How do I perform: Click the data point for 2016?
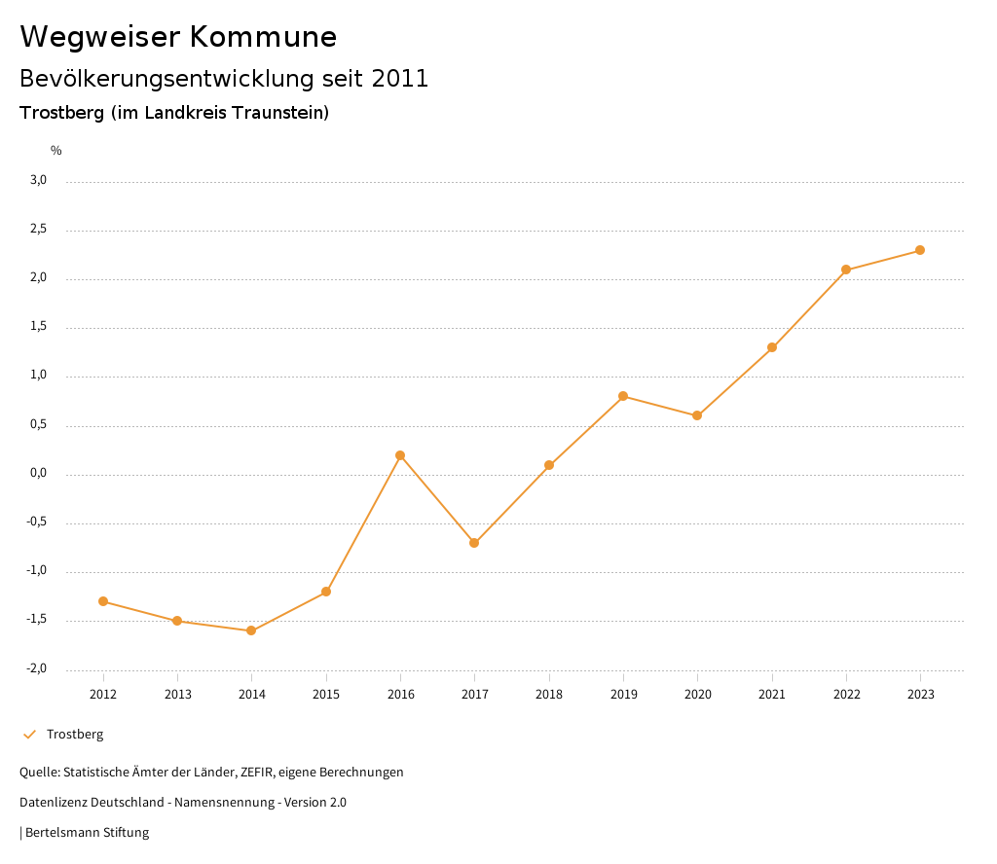[400, 455]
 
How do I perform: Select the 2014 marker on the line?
[251, 630]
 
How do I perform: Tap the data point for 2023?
[920, 250]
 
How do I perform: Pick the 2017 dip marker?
[474, 543]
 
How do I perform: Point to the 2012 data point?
[103, 601]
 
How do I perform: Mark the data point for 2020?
[697, 415]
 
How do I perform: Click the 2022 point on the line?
[846, 270]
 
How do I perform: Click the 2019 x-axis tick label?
[623, 694]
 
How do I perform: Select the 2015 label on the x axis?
[326, 694]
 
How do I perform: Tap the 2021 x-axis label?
[772, 694]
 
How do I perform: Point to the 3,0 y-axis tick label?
[38, 180]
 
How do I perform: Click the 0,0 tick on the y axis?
[38, 474]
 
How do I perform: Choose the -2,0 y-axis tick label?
[37, 669]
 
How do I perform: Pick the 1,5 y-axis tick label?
[38, 327]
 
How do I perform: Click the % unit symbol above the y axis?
[56, 151]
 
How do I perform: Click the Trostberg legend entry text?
[75, 735]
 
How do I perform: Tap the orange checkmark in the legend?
[29, 735]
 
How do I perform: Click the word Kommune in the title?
[263, 37]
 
